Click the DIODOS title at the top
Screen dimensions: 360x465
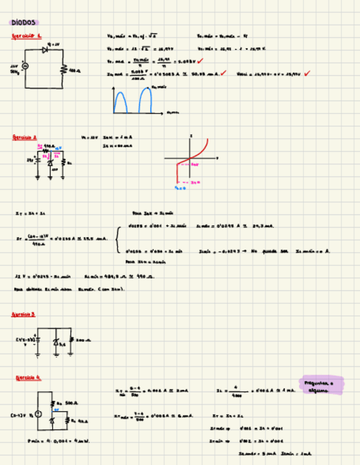[22, 22]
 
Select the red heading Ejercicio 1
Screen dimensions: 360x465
[26, 36]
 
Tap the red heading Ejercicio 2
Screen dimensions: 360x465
[25, 138]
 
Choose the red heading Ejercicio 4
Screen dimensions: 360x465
[28, 378]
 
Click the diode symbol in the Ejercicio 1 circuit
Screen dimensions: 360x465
[44, 50]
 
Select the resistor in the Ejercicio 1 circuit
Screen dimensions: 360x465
[64, 69]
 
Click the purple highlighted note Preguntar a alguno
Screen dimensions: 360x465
[322, 385]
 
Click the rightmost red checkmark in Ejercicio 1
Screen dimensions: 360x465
[307, 73]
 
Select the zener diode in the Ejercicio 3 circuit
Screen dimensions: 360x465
[55, 342]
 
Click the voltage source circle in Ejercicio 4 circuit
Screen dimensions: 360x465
[38, 415]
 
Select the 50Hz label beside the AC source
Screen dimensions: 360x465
[14, 72]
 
